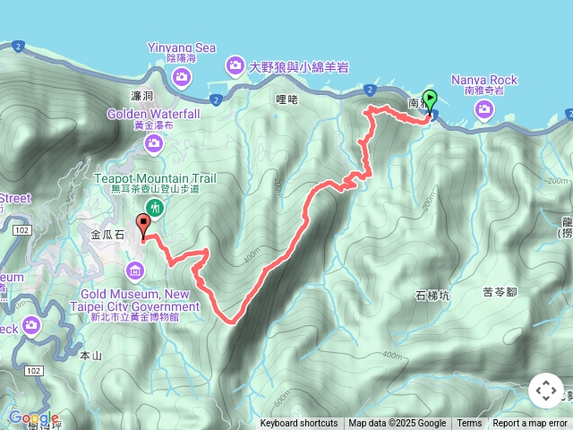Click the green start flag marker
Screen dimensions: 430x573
(x=430, y=100)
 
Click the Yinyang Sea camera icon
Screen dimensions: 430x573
(x=181, y=77)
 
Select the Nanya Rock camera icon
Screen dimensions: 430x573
(x=484, y=109)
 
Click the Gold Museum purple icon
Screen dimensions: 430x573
(x=135, y=270)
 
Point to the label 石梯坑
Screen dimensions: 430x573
(x=432, y=295)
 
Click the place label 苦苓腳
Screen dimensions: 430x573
(x=500, y=292)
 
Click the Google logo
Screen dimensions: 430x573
(x=34, y=418)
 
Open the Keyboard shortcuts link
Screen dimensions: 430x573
(x=299, y=424)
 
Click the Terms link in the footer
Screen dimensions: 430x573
(x=469, y=424)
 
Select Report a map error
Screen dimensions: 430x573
(x=532, y=424)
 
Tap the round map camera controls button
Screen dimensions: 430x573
(x=546, y=391)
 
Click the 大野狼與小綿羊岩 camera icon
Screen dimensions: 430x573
(x=235, y=65)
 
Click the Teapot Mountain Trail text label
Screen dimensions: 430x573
(x=155, y=178)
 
